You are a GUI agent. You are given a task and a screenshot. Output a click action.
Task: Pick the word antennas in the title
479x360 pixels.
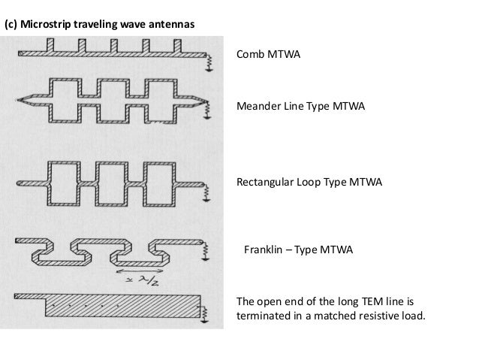[172, 25]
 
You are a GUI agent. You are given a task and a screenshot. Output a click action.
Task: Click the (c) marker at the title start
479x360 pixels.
[11, 25]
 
